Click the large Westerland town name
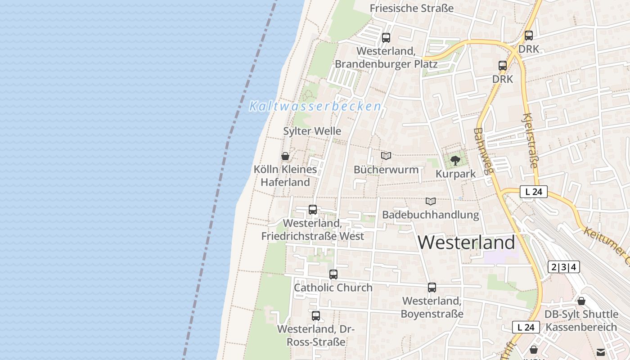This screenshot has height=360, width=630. tap(466, 243)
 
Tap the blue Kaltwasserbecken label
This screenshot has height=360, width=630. tap(315, 107)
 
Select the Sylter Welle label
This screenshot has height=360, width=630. tap(312, 131)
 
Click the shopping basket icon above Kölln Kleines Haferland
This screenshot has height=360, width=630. tap(285, 156)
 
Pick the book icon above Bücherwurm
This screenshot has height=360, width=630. tap(386, 156)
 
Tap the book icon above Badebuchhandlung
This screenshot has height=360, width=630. tap(431, 201)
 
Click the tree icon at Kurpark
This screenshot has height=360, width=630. tap(455, 160)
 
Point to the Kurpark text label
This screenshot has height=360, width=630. tap(455, 174)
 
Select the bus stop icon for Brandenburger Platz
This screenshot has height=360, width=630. tap(386, 38)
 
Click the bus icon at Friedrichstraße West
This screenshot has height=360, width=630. tap(312, 209)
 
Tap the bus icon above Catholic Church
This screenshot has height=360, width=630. tap(333, 274)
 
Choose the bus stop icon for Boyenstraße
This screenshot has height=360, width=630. tap(432, 287)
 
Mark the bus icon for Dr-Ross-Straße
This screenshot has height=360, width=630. tap(315, 315)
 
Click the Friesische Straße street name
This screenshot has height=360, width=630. tap(411, 8)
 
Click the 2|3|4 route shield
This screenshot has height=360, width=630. tap(564, 267)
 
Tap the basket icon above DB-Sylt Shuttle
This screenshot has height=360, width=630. tap(581, 301)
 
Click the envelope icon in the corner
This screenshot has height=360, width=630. tap(601, 352)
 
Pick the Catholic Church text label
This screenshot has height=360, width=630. tap(333, 288)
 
